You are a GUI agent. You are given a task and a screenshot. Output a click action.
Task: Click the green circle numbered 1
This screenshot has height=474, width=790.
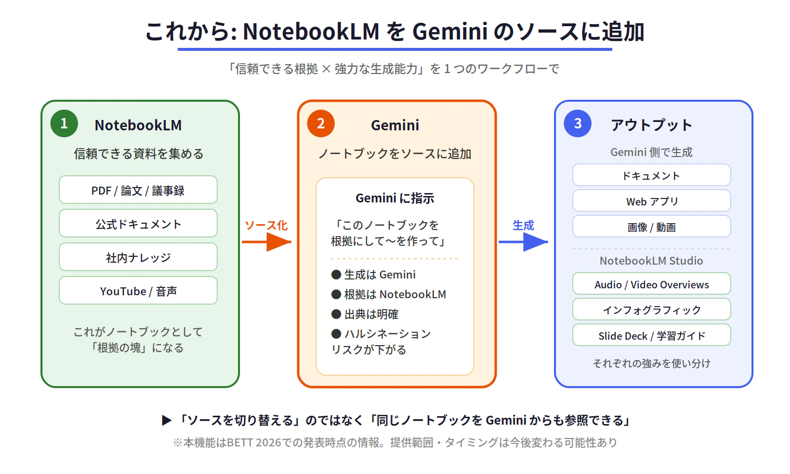tap(64, 123)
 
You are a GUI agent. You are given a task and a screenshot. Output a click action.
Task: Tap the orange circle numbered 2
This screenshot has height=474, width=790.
tap(320, 123)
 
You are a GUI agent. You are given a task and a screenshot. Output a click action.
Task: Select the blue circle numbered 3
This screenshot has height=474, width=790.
tap(577, 123)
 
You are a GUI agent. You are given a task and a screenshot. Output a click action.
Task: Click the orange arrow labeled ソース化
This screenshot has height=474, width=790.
tap(267, 242)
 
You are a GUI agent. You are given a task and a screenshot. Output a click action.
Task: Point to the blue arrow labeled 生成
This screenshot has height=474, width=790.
tap(523, 242)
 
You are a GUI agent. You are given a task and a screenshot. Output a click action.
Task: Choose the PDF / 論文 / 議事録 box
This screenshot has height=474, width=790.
tap(138, 190)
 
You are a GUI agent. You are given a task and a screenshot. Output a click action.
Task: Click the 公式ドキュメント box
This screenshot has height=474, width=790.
tap(138, 223)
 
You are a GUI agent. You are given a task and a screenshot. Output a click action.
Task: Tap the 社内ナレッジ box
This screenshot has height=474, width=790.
tap(138, 257)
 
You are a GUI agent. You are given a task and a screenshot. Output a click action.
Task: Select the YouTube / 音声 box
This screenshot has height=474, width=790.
tap(138, 290)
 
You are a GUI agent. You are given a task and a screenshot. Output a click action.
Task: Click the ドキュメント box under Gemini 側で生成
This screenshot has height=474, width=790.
tap(651, 175)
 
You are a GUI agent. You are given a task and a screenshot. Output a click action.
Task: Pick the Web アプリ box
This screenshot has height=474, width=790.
tap(651, 200)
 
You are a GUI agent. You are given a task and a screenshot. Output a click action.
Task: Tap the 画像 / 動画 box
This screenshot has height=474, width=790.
tap(651, 227)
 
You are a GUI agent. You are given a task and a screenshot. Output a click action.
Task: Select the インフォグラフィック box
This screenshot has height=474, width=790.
tap(651, 309)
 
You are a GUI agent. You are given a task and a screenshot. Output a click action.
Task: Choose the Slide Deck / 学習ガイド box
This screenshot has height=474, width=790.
tap(651, 335)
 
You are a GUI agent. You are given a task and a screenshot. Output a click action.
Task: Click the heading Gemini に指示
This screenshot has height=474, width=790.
tap(395, 198)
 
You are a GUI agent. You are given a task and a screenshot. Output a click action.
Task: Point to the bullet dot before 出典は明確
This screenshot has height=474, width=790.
tap(336, 314)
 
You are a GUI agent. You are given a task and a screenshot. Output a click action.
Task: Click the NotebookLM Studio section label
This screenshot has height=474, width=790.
tap(651, 261)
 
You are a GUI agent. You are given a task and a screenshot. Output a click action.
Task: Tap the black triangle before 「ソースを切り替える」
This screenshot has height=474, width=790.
tap(166, 420)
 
